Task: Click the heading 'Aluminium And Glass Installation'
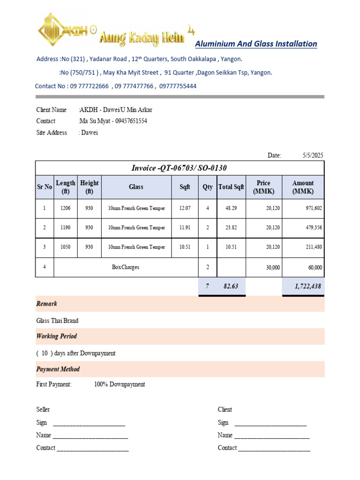pos(256,44)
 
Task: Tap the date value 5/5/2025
pos(313,155)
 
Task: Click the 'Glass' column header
pos(136,187)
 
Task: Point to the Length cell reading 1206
pos(65,208)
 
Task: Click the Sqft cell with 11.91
pos(185,228)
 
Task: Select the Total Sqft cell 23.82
pos(232,228)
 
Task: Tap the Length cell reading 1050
pos(65,247)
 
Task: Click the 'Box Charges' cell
pos(126,267)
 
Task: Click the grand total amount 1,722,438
pos(304,286)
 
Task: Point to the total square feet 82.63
pos(232,286)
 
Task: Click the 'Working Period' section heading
pos(57,336)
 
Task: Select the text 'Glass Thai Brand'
pos(57,321)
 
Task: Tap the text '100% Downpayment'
pos(120,384)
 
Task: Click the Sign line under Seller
pos(89,423)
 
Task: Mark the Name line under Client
pos(272,436)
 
